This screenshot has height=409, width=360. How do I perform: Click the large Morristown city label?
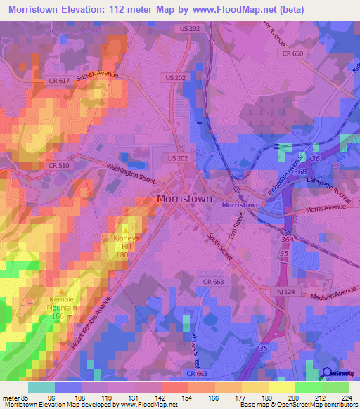(x=184, y=199)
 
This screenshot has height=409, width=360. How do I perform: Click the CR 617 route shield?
(x=59, y=81)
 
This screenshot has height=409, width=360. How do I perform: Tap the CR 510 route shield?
(x=58, y=164)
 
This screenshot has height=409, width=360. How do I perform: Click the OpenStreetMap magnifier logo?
(x=328, y=373)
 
